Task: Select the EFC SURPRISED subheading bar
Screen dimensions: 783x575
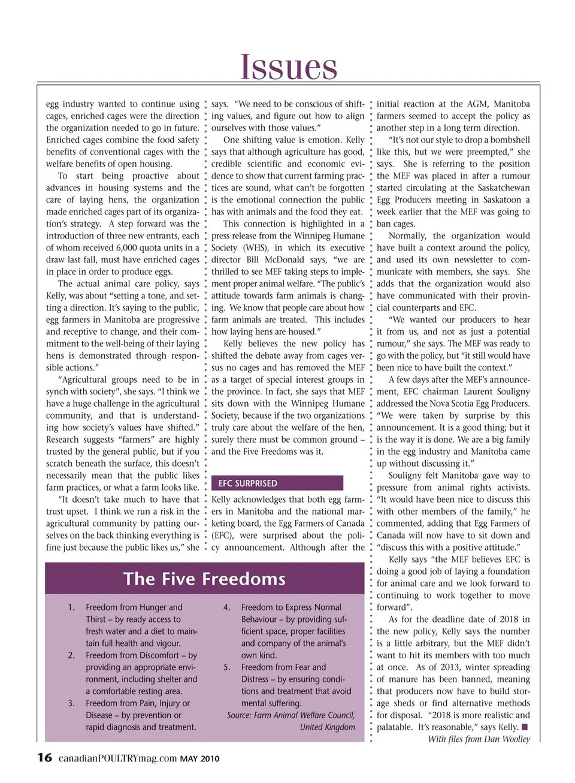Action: pyautogui.click(x=277, y=483)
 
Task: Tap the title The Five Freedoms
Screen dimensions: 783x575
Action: pyautogui.click(x=204, y=579)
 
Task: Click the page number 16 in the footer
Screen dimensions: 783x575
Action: pyautogui.click(x=44, y=758)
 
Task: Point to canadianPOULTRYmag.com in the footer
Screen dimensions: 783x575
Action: pyautogui.click(x=117, y=758)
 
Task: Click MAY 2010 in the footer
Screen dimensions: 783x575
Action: pyautogui.click(x=199, y=759)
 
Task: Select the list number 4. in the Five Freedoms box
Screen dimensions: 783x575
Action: pyautogui.click(x=227, y=607)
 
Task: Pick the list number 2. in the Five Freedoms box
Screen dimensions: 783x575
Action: pyautogui.click(x=71, y=655)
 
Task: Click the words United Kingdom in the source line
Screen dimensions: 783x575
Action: pyautogui.click(x=328, y=727)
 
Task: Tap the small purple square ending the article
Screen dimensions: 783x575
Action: pyautogui.click(x=525, y=727)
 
